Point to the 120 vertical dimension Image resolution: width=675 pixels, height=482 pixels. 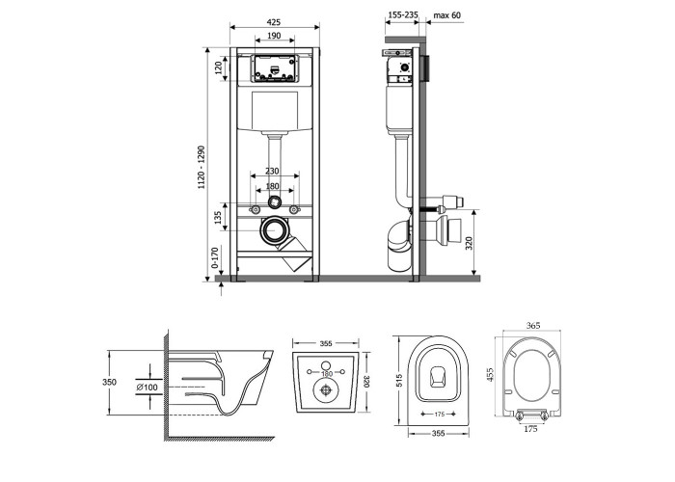pos(219,67)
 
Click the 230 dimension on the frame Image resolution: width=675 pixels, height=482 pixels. pos(274,171)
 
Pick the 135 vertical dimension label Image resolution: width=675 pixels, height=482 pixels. pos(218,219)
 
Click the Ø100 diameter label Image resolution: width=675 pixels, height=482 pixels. pos(147,387)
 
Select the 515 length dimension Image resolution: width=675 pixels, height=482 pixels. pos(397,381)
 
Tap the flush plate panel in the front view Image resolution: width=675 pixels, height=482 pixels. pos(274,67)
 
